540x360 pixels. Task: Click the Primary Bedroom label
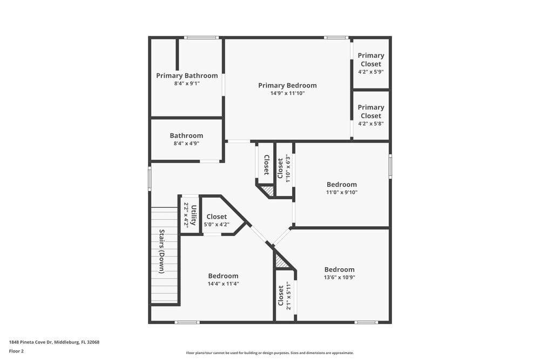(x=287, y=85)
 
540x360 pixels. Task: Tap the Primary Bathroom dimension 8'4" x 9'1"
(x=187, y=84)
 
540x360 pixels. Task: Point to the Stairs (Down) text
(x=161, y=251)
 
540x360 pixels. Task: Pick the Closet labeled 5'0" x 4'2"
(x=217, y=216)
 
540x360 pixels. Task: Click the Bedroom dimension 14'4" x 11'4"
(x=223, y=283)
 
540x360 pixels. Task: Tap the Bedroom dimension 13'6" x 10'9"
(x=340, y=277)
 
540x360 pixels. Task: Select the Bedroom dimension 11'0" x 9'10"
(x=342, y=192)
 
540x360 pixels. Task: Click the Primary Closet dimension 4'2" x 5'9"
(x=371, y=72)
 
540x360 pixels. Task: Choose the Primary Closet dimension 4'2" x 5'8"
(x=371, y=124)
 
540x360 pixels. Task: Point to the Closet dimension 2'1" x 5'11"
(x=289, y=295)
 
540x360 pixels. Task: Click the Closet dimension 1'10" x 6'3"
(x=288, y=169)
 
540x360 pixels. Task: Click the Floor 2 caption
(x=16, y=351)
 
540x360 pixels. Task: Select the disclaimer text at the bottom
(x=270, y=352)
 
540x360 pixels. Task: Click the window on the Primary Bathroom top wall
(x=201, y=38)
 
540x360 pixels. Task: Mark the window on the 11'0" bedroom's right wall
(x=390, y=166)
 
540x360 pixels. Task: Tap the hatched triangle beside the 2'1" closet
(x=281, y=262)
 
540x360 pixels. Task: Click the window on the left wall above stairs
(x=150, y=179)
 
